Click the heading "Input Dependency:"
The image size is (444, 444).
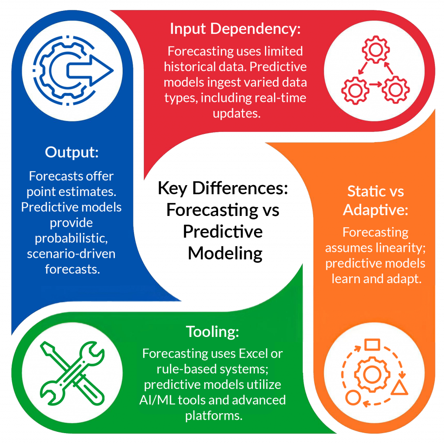point(235,29)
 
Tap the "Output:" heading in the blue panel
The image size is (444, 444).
point(72,152)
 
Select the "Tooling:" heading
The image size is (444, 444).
point(212,332)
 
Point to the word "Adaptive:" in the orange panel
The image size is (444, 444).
point(375,210)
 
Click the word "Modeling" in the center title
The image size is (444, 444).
point(225,253)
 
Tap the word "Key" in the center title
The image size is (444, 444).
point(172,188)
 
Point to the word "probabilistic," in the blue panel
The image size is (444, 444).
point(72,238)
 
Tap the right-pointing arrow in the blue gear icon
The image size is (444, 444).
point(90,71)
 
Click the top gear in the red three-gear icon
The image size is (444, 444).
point(375,49)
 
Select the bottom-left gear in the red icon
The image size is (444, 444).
point(355,91)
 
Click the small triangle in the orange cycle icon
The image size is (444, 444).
point(399,388)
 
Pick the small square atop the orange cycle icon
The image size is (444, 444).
point(372,345)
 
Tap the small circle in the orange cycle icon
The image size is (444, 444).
point(353,397)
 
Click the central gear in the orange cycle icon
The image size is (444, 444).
point(372,374)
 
